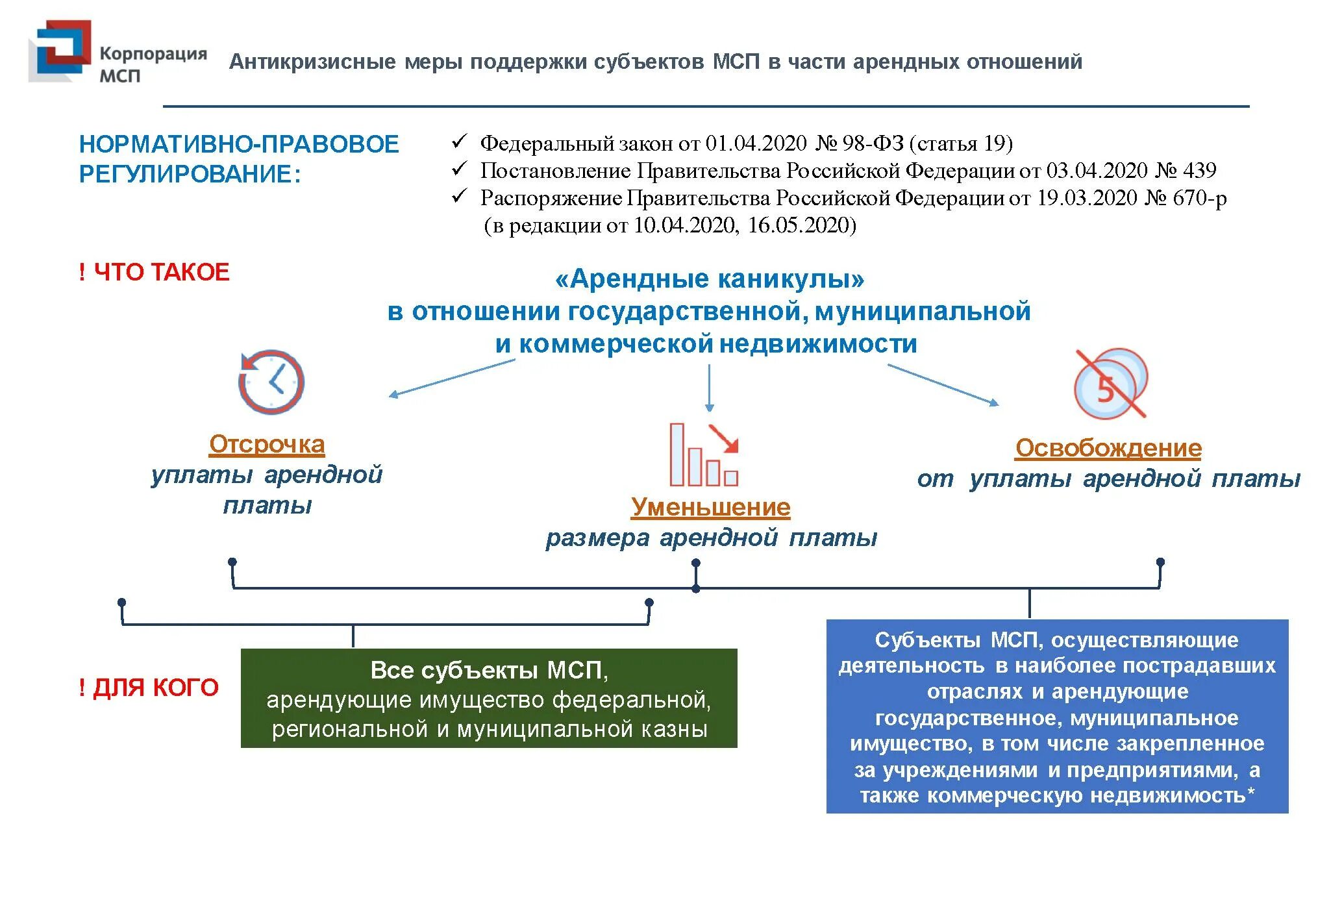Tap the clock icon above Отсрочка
(x=271, y=382)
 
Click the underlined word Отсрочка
(x=267, y=444)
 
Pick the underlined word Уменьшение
(x=710, y=507)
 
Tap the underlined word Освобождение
(x=1108, y=448)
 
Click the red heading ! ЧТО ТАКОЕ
(x=154, y=272)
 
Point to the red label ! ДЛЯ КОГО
(x=149, y=688)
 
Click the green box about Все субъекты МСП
(x=489, y=699)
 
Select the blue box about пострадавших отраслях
(x=1057, y=717)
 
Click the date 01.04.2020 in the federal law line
(x=756, y=143)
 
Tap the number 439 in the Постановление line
(x=1199, y=171)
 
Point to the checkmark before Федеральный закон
(x=459, y=142)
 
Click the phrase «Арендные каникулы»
(x=710, y=279)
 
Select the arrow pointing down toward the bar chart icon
(x=709, y=388)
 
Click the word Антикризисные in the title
(x=312, y=62)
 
